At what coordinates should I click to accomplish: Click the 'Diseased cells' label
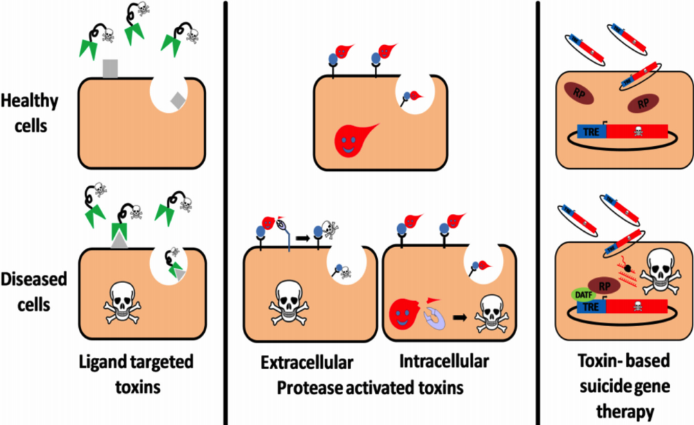click(35, 291)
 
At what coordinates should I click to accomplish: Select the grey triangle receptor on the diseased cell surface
click(120, 240)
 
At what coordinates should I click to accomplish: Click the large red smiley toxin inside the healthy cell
click(354, 138)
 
